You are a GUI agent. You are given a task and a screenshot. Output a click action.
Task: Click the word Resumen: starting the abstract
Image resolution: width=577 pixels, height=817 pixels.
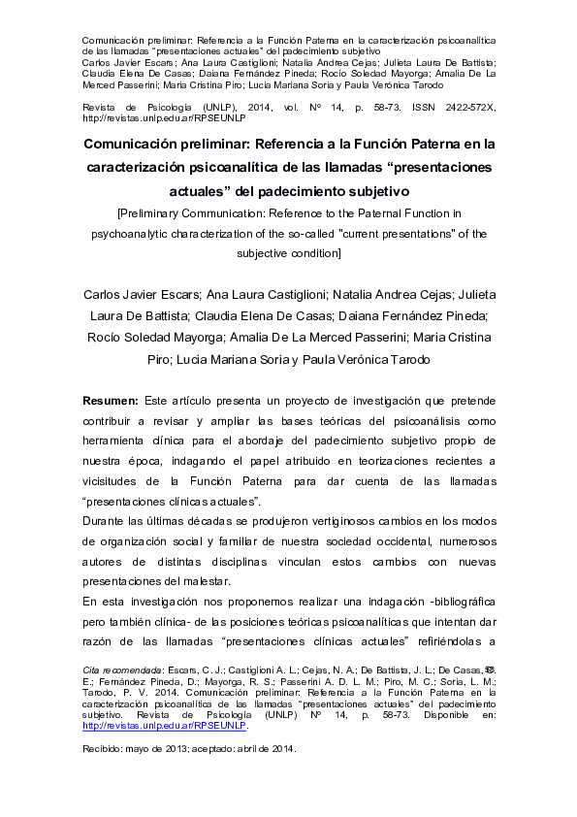pyautogui.click(x=110, y=401)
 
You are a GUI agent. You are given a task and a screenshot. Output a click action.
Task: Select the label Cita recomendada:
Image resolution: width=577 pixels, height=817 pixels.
pyautogui.click(x=122, y=670)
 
